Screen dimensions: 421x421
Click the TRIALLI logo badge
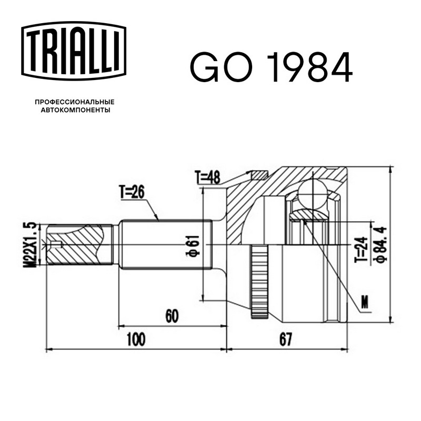tap(74, 51)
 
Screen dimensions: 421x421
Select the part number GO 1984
tap(271, 67)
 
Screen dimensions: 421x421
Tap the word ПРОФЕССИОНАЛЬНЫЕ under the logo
tap(75, 102)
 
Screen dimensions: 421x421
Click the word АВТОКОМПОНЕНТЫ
tap(75, 110)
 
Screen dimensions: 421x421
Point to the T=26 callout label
tap(132, 192)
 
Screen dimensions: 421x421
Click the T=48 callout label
tap(207, 177)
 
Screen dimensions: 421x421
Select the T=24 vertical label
tap(360, 249)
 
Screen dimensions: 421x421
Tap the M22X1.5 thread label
tap(29, 245)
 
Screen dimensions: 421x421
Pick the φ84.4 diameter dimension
tap(381, 244)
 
